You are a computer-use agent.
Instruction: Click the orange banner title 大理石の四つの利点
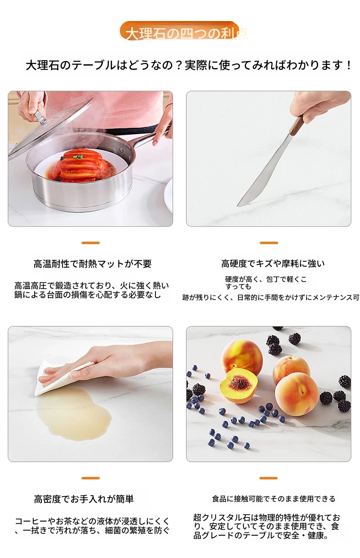186,34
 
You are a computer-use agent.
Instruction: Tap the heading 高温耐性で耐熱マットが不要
93,263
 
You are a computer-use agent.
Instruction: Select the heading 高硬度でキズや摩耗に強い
273,263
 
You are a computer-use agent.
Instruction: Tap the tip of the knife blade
238,206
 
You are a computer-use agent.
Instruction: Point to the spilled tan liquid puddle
73,413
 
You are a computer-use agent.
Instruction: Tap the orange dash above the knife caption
269,243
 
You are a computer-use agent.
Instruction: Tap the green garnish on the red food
79,157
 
